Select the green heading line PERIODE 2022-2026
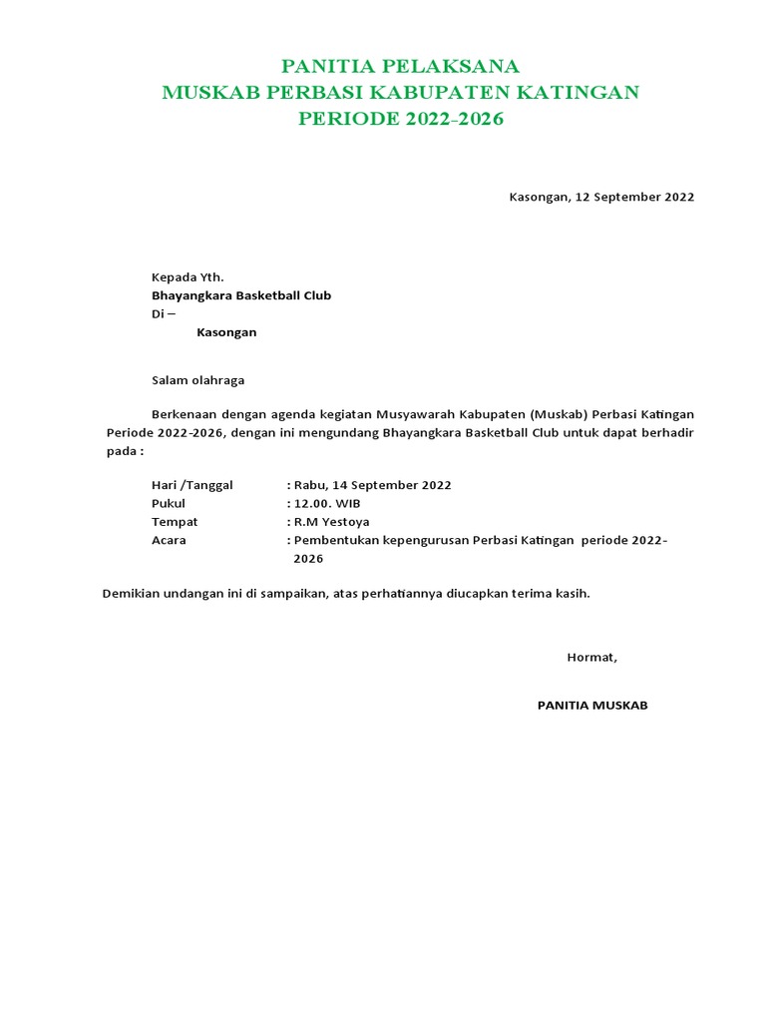click(401, 120)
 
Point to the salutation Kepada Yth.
click(188, 276)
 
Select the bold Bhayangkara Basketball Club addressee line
click(241, 295)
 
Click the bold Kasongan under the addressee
click(226, 332)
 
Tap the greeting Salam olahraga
click(197, 380)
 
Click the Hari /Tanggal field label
click(191, 485)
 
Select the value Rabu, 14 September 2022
click(372, 485)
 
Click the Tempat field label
click(175, 522)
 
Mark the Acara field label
click(169, 540)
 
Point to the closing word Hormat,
click(592, 657)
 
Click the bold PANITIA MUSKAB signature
click(592, 705)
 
